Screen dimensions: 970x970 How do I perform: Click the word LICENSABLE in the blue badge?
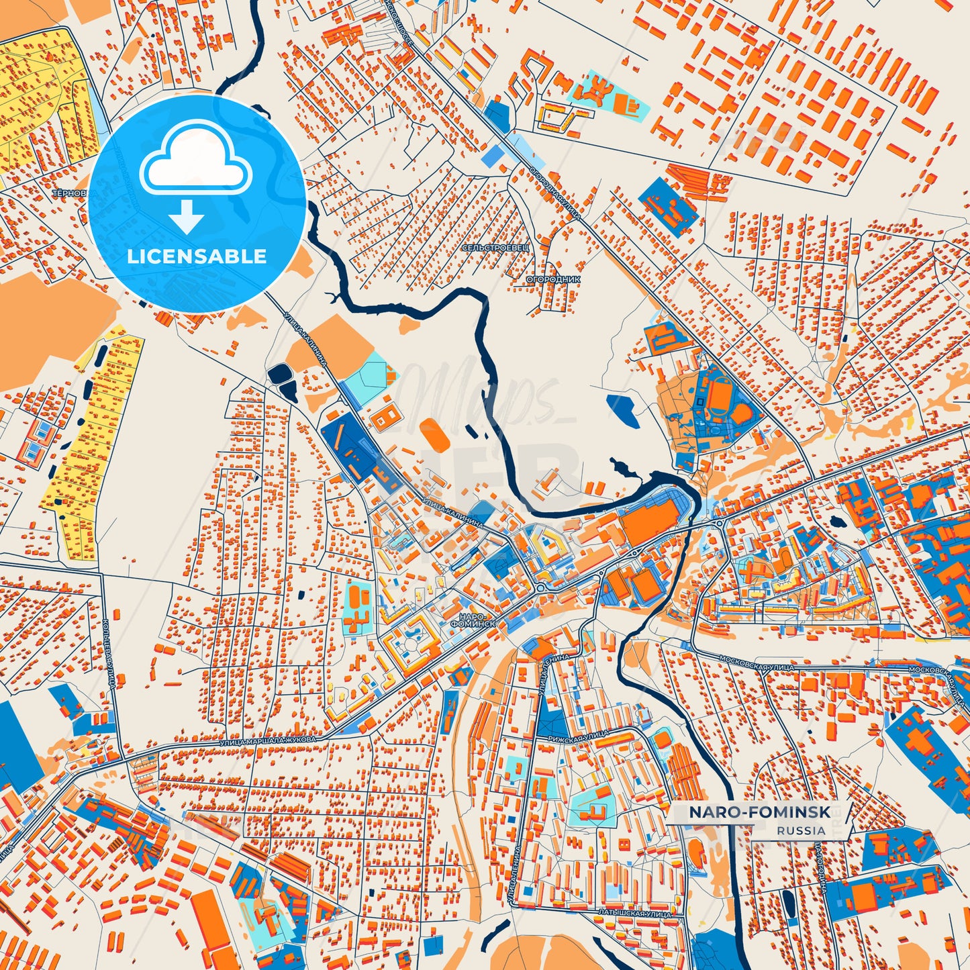(197, 256)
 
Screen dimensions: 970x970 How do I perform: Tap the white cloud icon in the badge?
(195, 161)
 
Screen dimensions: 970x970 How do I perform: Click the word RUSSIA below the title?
(802, 830)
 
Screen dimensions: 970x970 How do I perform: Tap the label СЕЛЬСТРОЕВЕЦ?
(495, 248)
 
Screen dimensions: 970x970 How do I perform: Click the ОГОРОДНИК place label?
(553, 279)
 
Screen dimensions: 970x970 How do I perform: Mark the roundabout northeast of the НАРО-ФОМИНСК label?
(540, 588)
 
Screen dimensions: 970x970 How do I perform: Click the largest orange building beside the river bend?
(649, 524)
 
